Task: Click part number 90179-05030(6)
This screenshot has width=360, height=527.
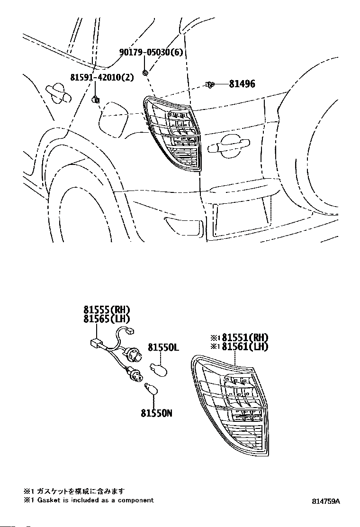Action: point(151,52)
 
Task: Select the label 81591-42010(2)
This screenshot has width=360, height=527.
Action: point(102,77)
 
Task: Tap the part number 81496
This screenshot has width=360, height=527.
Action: point(242,84)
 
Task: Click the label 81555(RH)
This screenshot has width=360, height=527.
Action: point(107,310)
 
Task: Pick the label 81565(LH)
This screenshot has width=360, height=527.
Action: point(107,318)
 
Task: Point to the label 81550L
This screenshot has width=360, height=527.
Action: point(163,347)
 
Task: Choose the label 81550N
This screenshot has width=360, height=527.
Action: point(156,413)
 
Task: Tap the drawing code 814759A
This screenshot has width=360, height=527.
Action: point(326,501)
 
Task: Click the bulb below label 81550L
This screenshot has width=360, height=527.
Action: point(158,369)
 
